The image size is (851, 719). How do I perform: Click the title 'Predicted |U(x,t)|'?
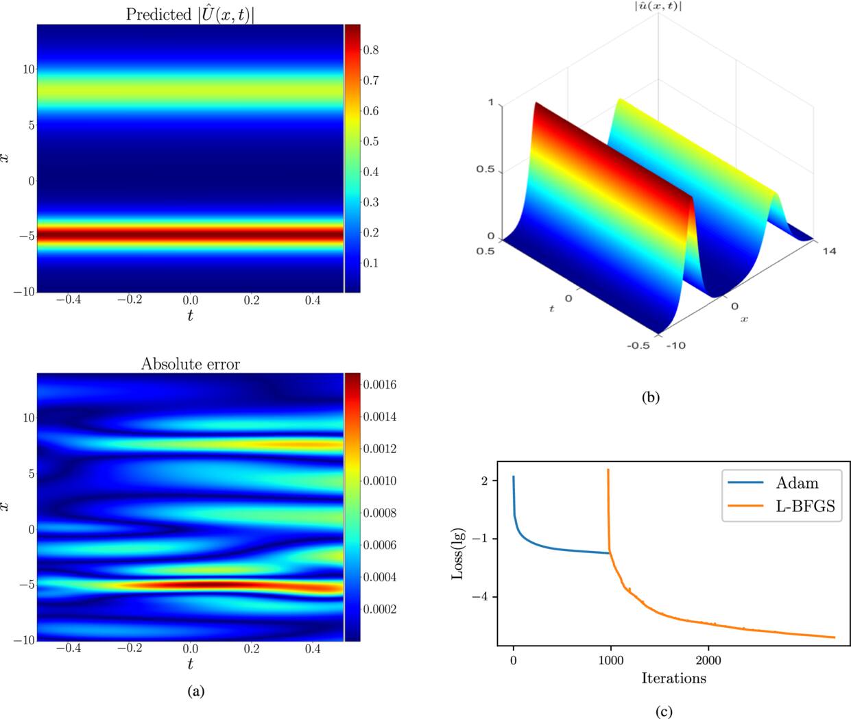(x=190, y=14)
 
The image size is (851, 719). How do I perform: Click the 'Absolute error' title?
(x=191, y=364)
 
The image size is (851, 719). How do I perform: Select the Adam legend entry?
(x=797, y=483)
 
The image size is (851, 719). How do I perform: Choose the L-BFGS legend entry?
(x=806, y=509)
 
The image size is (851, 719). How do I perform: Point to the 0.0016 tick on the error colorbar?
(x=380, y=385)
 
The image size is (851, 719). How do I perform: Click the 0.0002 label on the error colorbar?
(x=380, y=609)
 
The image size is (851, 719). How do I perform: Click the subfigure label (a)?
(x=196, y=692)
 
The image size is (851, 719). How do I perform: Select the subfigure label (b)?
(x=649, y=397)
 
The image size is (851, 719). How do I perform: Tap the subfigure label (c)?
(x=663, y=712)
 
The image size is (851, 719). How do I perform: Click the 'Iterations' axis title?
(x=673, y=679)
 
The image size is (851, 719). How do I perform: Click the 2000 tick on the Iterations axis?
(x=708, y=661)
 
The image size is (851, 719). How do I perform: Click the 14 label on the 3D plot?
(x=830, y=251)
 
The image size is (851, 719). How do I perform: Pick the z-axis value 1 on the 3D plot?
(x=490, y=103)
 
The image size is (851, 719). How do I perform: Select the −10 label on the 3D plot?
(x=675, y=345)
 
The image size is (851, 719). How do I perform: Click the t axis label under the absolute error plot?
(x=190, y=663)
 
